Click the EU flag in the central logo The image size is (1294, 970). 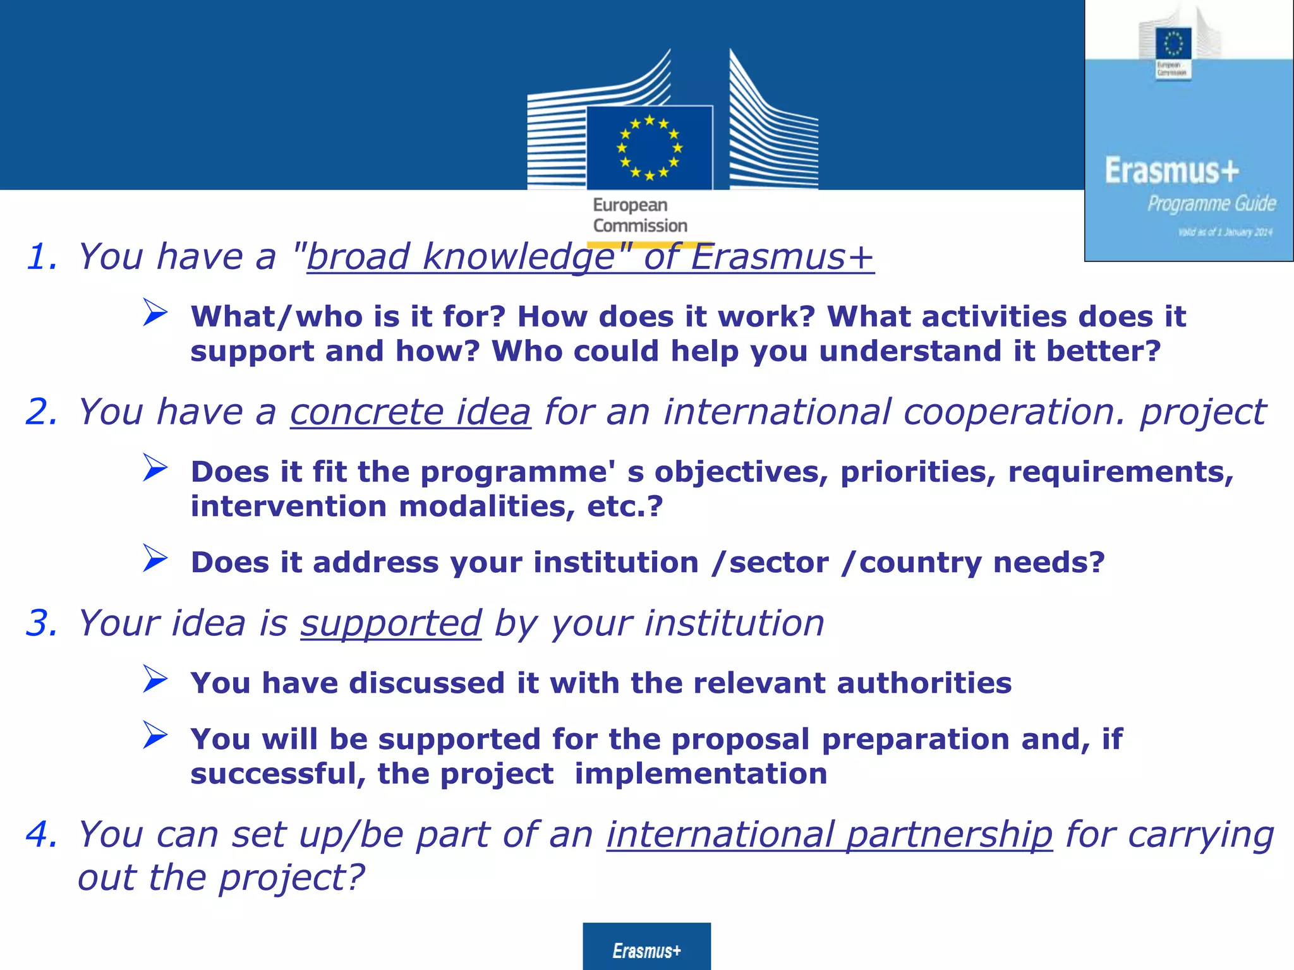click(x=650, y=148)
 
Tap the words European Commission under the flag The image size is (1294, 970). click(x=639, y=215)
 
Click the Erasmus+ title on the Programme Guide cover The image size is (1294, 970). click(x=1171, y=171)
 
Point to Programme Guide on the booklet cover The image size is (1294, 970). click(x=1211, y=203)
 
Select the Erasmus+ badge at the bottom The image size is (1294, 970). click(x=646, y=950)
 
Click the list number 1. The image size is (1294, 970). click(x=42, y=257)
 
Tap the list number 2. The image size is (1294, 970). click(x=42, y=412)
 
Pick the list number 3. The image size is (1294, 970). click(x=42, y=623)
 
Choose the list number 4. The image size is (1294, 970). click(x=42, y=834)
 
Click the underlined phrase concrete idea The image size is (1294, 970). click(x=410, y=412)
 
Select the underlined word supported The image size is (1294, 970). click(x=390, y=623)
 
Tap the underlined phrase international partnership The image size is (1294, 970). click(x=829, y=834)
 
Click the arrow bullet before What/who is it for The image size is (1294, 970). click(x=155, y=312)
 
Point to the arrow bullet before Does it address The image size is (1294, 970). click(x=155, y=558)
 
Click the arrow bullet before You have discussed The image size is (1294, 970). click(x=155, y=679)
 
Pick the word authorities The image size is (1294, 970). click(x=924, y=683)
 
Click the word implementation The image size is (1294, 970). click(x=701, y=774)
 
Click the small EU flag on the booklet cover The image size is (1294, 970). click(x=1173, y=44)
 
